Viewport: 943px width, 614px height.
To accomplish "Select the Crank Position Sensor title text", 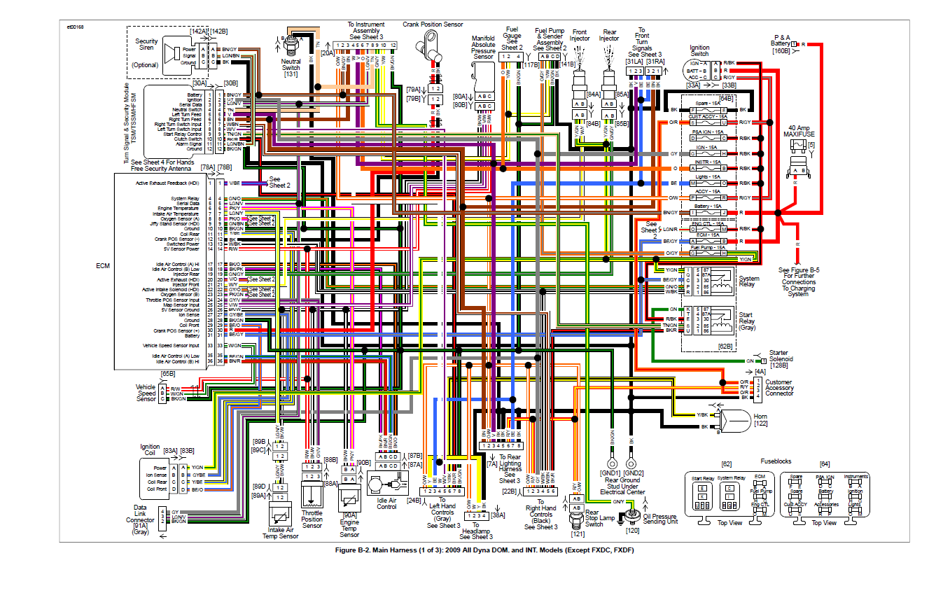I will point(432,25).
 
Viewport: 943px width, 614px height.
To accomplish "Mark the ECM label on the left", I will point(103,266).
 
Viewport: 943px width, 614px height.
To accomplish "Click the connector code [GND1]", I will point(611,473).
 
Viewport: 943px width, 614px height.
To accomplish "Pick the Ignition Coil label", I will point(150,449).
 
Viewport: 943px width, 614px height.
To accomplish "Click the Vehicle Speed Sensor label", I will point(146,393).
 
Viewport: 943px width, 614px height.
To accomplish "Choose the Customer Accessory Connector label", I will point(790,388).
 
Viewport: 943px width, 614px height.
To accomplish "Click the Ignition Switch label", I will point(699,50).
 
